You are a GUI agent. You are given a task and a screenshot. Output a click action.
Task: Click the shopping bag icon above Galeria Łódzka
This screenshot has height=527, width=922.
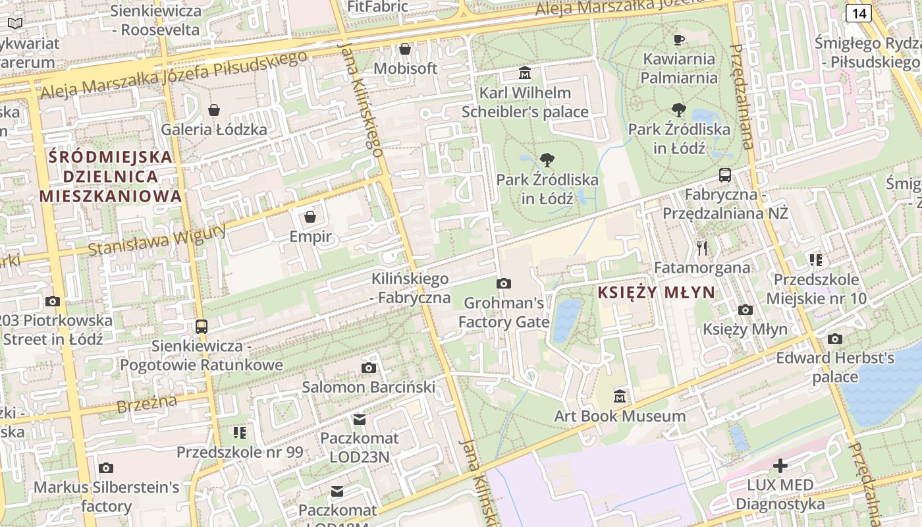pos(214,110)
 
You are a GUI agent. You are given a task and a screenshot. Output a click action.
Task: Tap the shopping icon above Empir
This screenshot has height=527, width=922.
pos(310,217)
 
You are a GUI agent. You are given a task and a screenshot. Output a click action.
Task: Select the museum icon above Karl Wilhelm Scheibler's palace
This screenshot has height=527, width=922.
pos(525,72)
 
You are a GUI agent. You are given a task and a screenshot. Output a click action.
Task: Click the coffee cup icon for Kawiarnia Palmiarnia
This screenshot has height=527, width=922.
pos(679,40)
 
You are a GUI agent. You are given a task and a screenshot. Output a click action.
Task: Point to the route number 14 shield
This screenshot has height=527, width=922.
pos(858,13)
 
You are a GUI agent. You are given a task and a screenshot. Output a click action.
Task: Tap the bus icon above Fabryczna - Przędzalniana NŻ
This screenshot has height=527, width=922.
pos(725,175)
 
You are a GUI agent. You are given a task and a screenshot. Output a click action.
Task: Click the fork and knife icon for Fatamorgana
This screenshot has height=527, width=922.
pos(702,248)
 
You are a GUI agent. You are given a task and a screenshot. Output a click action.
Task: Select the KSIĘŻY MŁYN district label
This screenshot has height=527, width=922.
pos(656,292)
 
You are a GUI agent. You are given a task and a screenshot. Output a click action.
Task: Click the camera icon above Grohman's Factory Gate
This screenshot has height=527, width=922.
pos(504,283)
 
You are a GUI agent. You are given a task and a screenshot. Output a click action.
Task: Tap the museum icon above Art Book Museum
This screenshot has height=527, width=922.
pos(620,397)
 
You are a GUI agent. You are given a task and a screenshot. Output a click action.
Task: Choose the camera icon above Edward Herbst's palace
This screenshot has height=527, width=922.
pos(835,339)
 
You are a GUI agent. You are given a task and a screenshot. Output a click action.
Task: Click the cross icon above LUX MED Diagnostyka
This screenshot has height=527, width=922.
pos(780,466)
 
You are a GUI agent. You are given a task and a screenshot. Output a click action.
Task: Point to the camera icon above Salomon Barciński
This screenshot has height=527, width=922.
pos(369,368)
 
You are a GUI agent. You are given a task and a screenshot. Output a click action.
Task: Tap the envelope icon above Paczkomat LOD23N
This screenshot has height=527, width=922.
pos(360,419)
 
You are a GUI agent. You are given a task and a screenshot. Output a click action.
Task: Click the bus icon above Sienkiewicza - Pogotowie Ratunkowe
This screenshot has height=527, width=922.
pos(202,326)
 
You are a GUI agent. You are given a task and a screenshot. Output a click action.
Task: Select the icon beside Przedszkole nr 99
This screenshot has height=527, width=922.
pos(240,433)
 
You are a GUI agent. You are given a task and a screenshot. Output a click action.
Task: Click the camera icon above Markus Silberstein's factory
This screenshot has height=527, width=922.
pos(106,468)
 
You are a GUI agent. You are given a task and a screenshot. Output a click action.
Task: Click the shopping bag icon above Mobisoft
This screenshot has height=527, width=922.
pos(405,49)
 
